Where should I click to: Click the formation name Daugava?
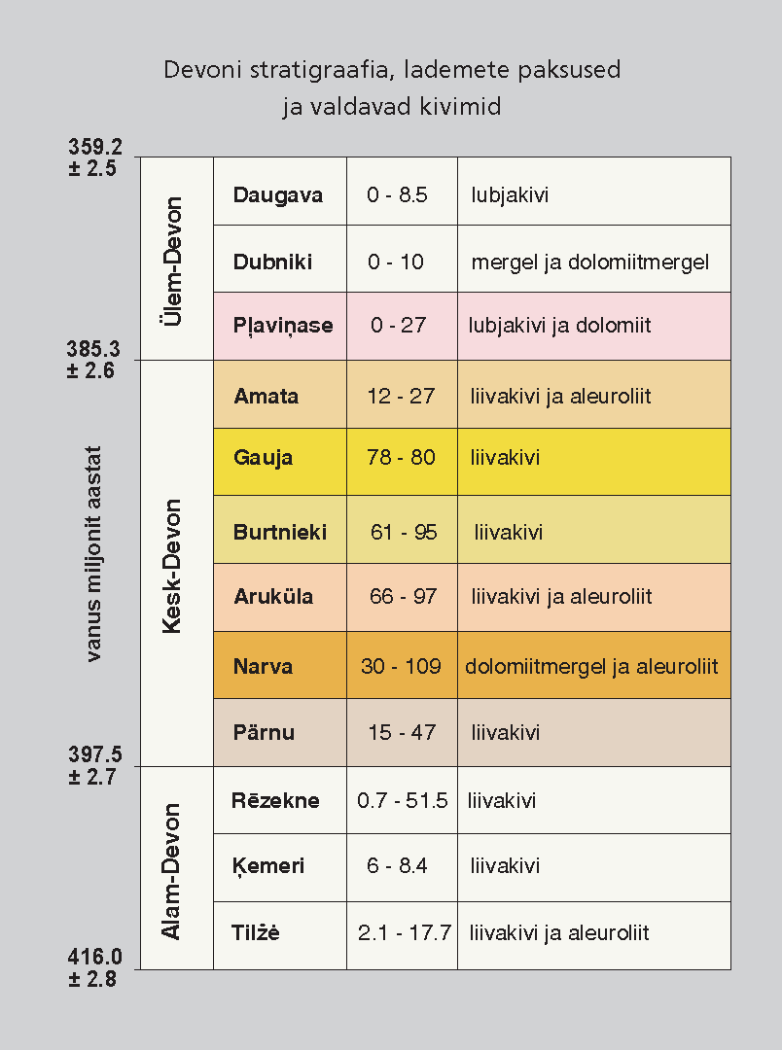[278, 194]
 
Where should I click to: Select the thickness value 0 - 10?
[396, 262]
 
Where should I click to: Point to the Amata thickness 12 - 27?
[401, 397]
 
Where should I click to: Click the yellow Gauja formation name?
[263, 457]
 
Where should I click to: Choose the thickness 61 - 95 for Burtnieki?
[404, 533]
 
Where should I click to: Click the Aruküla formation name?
[273, 597]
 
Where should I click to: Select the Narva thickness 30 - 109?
[401, 667]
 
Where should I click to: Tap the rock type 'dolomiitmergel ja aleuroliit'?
[591, 667]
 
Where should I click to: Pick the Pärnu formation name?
[264, 732]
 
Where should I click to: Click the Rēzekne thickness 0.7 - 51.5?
[402, 801]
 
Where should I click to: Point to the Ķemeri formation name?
[268, 866]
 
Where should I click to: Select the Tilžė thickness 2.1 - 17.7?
[404, 933]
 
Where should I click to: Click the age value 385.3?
[94, 349]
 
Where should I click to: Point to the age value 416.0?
[94, 959]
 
